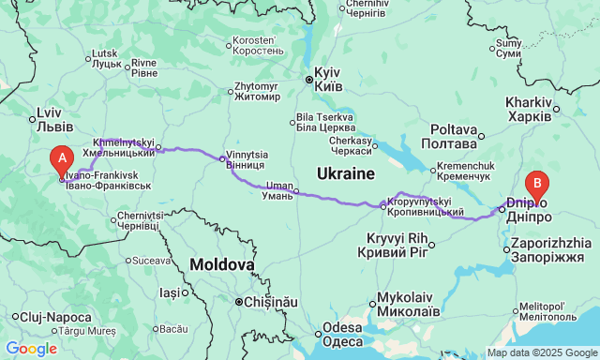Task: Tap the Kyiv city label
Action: pos(327,78)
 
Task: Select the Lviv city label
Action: pos(49,118)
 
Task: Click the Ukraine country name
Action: pos(345,173)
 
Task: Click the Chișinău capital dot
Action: pos(239,302)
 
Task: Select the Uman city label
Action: pos(278,192)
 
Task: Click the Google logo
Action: pos(31,349)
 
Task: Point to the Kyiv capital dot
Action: pos(308,80)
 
